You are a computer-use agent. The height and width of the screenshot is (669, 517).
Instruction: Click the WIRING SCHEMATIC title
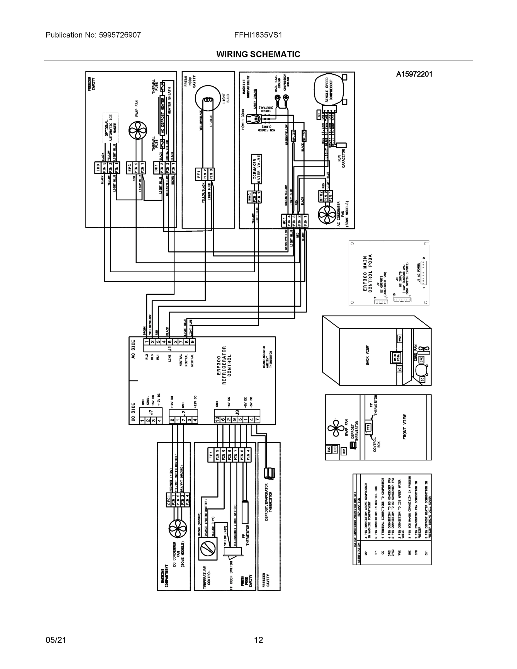[x=258, y=54]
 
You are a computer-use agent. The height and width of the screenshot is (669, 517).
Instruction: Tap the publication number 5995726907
[x=120, y=35]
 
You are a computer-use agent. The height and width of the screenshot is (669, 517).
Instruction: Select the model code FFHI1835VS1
[x=258, y=35]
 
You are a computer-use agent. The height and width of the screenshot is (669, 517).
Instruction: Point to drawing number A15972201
[x=414, y=74]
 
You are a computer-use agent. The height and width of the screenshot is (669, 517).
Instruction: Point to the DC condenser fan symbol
[x=177, y=529]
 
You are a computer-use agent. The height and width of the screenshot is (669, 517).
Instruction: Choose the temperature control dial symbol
[x=208, y=549]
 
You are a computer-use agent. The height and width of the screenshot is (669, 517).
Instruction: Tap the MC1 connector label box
[x=284, y=220]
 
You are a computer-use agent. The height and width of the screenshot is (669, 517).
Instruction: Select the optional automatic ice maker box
[x=110, y=128]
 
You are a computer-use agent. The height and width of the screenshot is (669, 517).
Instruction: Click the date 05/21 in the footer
[x=56, y=640]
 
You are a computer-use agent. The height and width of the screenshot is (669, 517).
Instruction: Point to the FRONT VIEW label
[x=405, y=427]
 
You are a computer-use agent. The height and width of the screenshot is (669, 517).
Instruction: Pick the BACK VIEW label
[x=368, y=355]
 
